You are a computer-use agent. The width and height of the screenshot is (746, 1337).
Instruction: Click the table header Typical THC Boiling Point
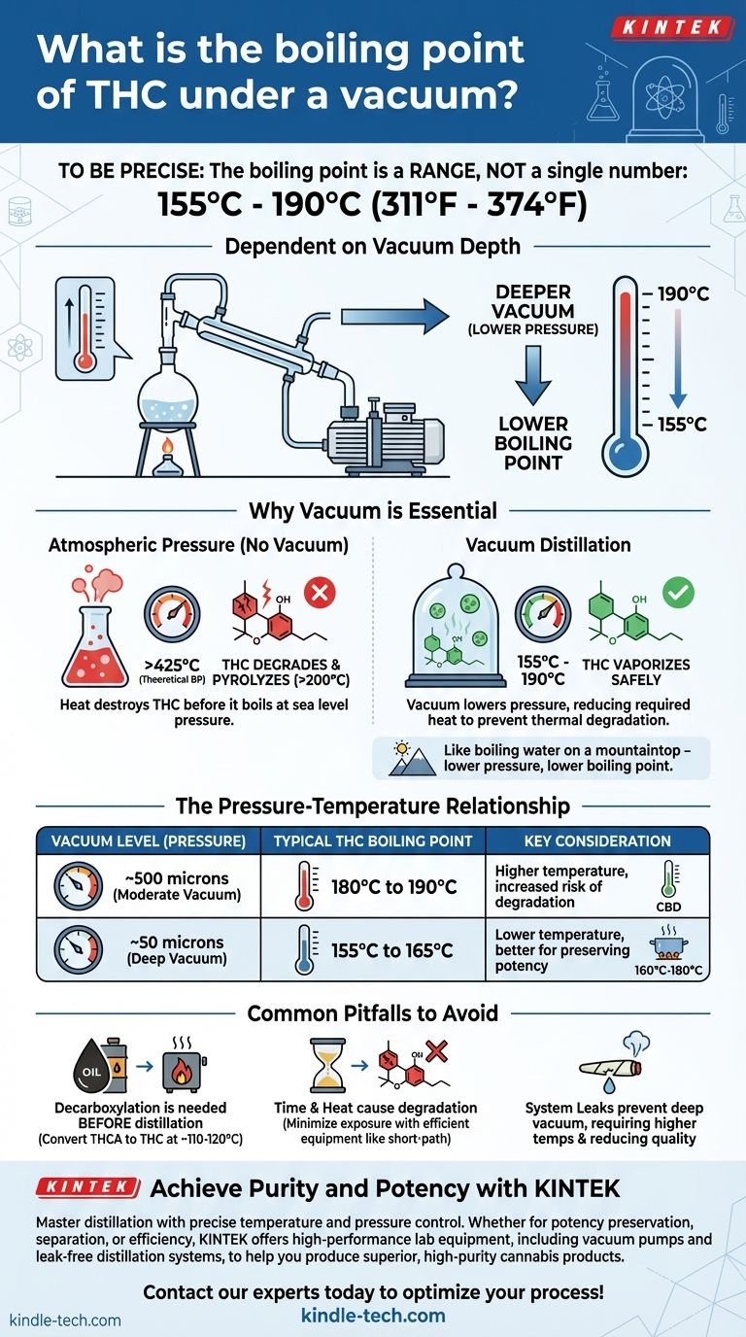[x=373, y=840]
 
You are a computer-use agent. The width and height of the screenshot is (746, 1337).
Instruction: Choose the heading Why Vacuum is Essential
[x=373, y=510]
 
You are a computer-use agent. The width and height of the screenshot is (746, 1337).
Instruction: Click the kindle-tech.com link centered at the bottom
[x=373, y=1316]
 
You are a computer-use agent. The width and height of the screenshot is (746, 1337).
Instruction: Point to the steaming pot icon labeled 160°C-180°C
[x=667, y=942]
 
